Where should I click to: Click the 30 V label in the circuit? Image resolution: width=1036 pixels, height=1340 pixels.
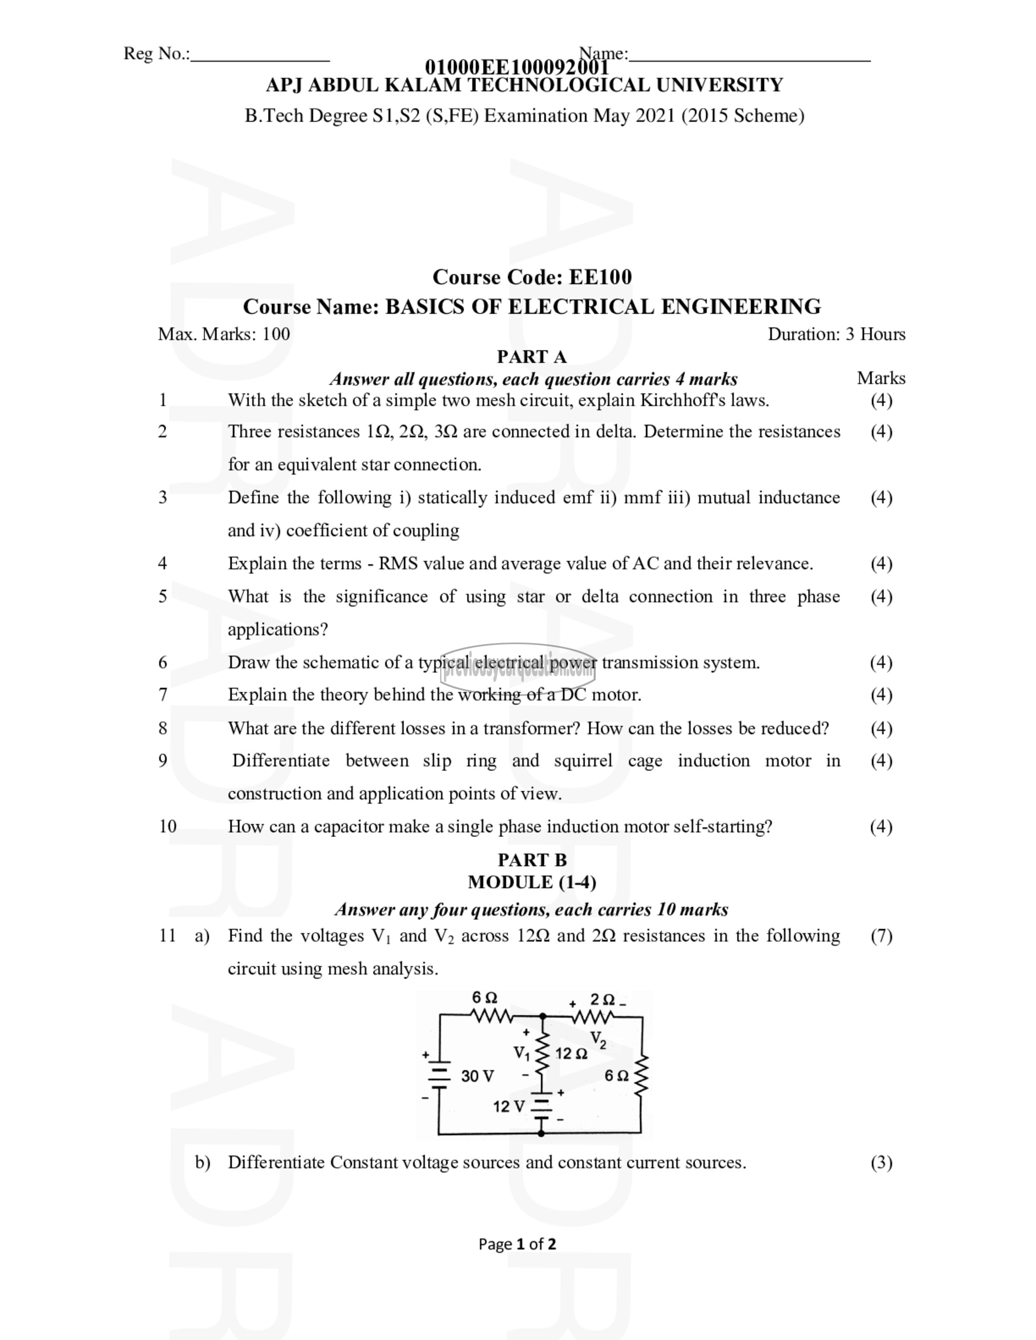tap(477, 1076)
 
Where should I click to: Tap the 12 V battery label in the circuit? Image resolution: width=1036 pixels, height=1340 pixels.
tap(509, 1107)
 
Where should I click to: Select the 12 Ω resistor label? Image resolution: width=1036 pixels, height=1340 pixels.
tap(571, 1054)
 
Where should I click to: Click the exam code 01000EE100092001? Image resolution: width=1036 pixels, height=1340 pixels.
tap(517, 67)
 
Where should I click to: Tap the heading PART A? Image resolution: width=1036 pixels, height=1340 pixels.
tap(531, 356)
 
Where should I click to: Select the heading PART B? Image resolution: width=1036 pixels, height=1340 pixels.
tap(532, 860)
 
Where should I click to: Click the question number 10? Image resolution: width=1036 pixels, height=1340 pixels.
tap(167, 826)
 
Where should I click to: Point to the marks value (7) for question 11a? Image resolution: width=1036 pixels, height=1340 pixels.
tap(881, 936)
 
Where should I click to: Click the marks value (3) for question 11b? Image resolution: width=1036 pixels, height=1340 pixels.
tap(881, 1163)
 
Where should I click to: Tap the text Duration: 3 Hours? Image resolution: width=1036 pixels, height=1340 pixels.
tap(837, 334)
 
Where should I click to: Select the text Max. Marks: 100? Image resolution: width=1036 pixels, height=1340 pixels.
tap(224, 334)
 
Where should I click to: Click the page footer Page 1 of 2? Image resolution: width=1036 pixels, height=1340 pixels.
tap(517, 1244)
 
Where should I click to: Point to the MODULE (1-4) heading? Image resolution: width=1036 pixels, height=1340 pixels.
tap(532, 882)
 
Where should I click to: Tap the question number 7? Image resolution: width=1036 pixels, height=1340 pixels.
tap(163, 694)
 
